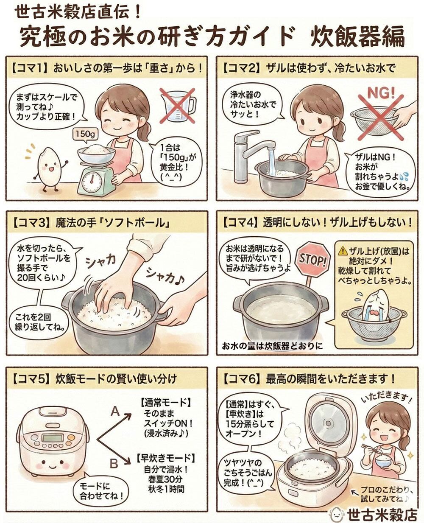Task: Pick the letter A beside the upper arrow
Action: click(x=115, y=412)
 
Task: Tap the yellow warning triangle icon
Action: click(x=343, y=252)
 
